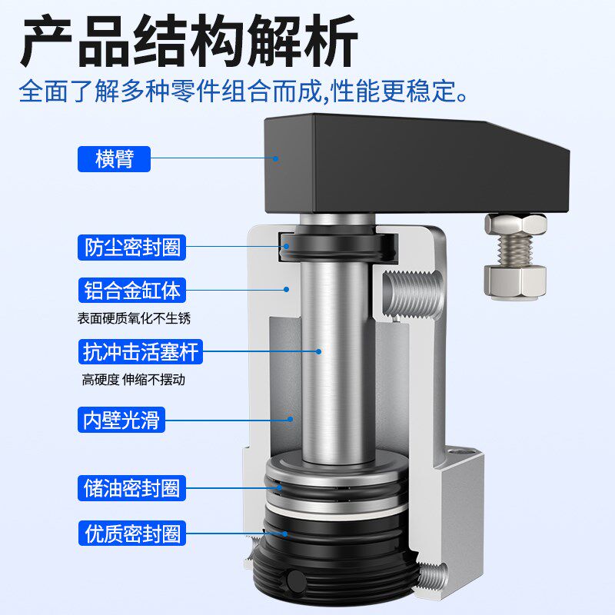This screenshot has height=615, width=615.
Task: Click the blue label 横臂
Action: (x=115, y=159)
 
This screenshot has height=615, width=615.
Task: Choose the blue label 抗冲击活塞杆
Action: (x=141, y=353)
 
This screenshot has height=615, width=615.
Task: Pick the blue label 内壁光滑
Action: (x=122, y=420)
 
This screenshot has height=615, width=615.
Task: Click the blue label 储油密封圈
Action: (x=131, y=487)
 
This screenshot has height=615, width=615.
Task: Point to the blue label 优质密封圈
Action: (x=131, y=532)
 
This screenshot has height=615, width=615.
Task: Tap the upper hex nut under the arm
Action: (x=515, y=224)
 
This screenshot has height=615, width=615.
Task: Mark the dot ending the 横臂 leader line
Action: (x=274, y=159)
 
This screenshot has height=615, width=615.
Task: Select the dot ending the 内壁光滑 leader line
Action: (x=291, y=420)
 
